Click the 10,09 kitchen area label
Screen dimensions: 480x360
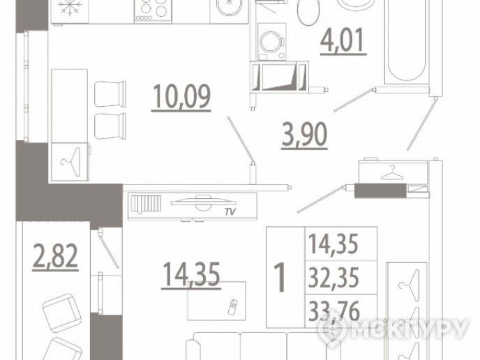pyautogui.click(x=181, y=97)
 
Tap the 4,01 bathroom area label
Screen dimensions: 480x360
pyautogui.click(x=343, y=41)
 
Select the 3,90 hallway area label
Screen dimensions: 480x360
pyautogui.click(x=304, y=135)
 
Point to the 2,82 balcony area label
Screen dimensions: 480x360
pyautogui.click(x=55, y=257)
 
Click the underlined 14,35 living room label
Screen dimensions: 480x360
pyautogui.click(x=191, y=275)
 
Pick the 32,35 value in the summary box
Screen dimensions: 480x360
pyautogui.click(x=333, y=278)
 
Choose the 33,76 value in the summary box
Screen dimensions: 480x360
pyautogui.click(x=334, y=311)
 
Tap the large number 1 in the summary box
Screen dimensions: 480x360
pyautogui.click(x=280, y=278)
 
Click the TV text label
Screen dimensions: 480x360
pyautogui.click(x=230, y=212)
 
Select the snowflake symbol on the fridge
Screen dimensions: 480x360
pyautogui.click(x=70, y=8)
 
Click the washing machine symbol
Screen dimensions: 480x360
pyautogui.click(x=272, y=42)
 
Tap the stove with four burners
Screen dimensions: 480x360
pyautogui.click(x=153, y=10)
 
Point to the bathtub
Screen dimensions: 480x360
pyautogui.click(x=407, y=42)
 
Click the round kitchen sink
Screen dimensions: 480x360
pyautogui.click(x=229, y=6)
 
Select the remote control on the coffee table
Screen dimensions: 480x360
pyautogui.click(x=233, y=306)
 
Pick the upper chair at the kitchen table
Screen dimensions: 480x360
pyautogui.click(x=110, y=94)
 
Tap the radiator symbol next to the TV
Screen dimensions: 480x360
pyautogui.click(x=146, y=204)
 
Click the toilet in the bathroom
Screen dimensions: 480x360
pyautogui.click(x=308, y=13)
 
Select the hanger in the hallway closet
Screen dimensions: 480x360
pyautogui.click(x=392, y=173)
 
